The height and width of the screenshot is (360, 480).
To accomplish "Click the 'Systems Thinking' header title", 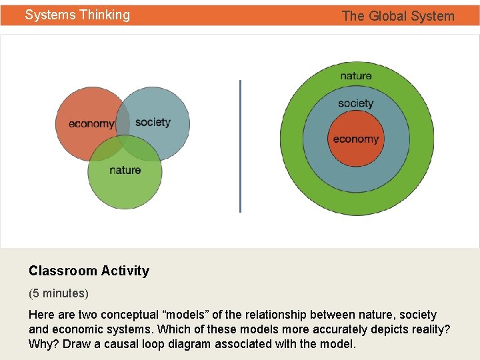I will coord(77,15).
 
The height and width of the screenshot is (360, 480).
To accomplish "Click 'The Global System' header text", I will coord(398,16).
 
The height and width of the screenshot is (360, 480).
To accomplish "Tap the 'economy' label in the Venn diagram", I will coord(91,123).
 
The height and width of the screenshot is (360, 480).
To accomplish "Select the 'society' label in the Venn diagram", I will coord(153,122).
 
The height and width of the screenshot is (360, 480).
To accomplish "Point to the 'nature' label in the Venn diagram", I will coord(125,170).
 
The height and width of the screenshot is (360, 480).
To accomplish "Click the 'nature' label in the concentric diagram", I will coord(356,75).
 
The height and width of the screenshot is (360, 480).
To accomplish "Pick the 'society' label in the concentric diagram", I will coord(355,103).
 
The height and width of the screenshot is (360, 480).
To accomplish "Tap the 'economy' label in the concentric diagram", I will coord(356,139).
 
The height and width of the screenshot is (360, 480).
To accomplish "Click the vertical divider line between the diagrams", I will coord(240,146).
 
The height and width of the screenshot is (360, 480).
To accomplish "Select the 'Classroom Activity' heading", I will coord(89,271).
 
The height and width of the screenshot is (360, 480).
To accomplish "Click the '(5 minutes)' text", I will coord(59,293).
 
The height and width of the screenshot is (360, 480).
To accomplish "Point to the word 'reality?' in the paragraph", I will coord(429,329).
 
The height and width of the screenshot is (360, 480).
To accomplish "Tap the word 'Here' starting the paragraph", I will coord(41,315).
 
